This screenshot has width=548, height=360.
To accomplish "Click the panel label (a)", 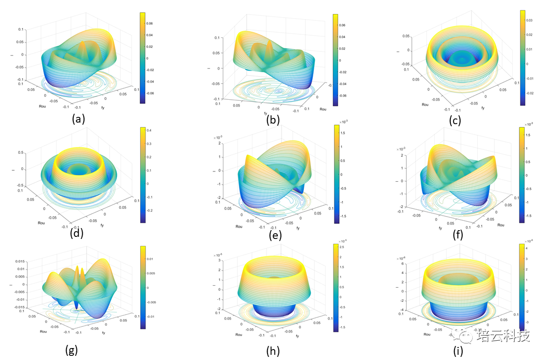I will point(78,118).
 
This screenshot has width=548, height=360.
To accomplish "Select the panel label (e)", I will point(275,235).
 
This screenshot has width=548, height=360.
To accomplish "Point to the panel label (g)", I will point(72,350).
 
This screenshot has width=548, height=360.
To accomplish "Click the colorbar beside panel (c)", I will point(523,57).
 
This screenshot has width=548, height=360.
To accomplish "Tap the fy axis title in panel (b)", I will point(265,113).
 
